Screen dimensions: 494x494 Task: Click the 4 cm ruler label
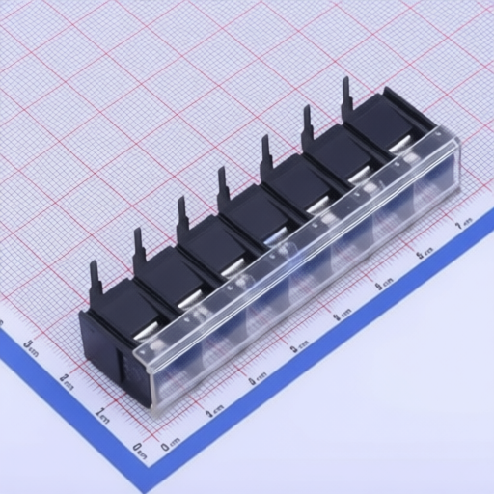[337, 316]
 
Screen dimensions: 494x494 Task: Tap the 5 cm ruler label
[379, 285]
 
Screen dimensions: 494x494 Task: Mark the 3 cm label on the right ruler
[294, 346]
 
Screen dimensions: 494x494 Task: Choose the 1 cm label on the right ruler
[213, 408]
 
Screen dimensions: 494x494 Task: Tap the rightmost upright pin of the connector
[345, 96]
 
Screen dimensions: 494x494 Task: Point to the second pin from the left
[138, 249]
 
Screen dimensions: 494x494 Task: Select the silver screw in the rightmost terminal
[400, 145]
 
